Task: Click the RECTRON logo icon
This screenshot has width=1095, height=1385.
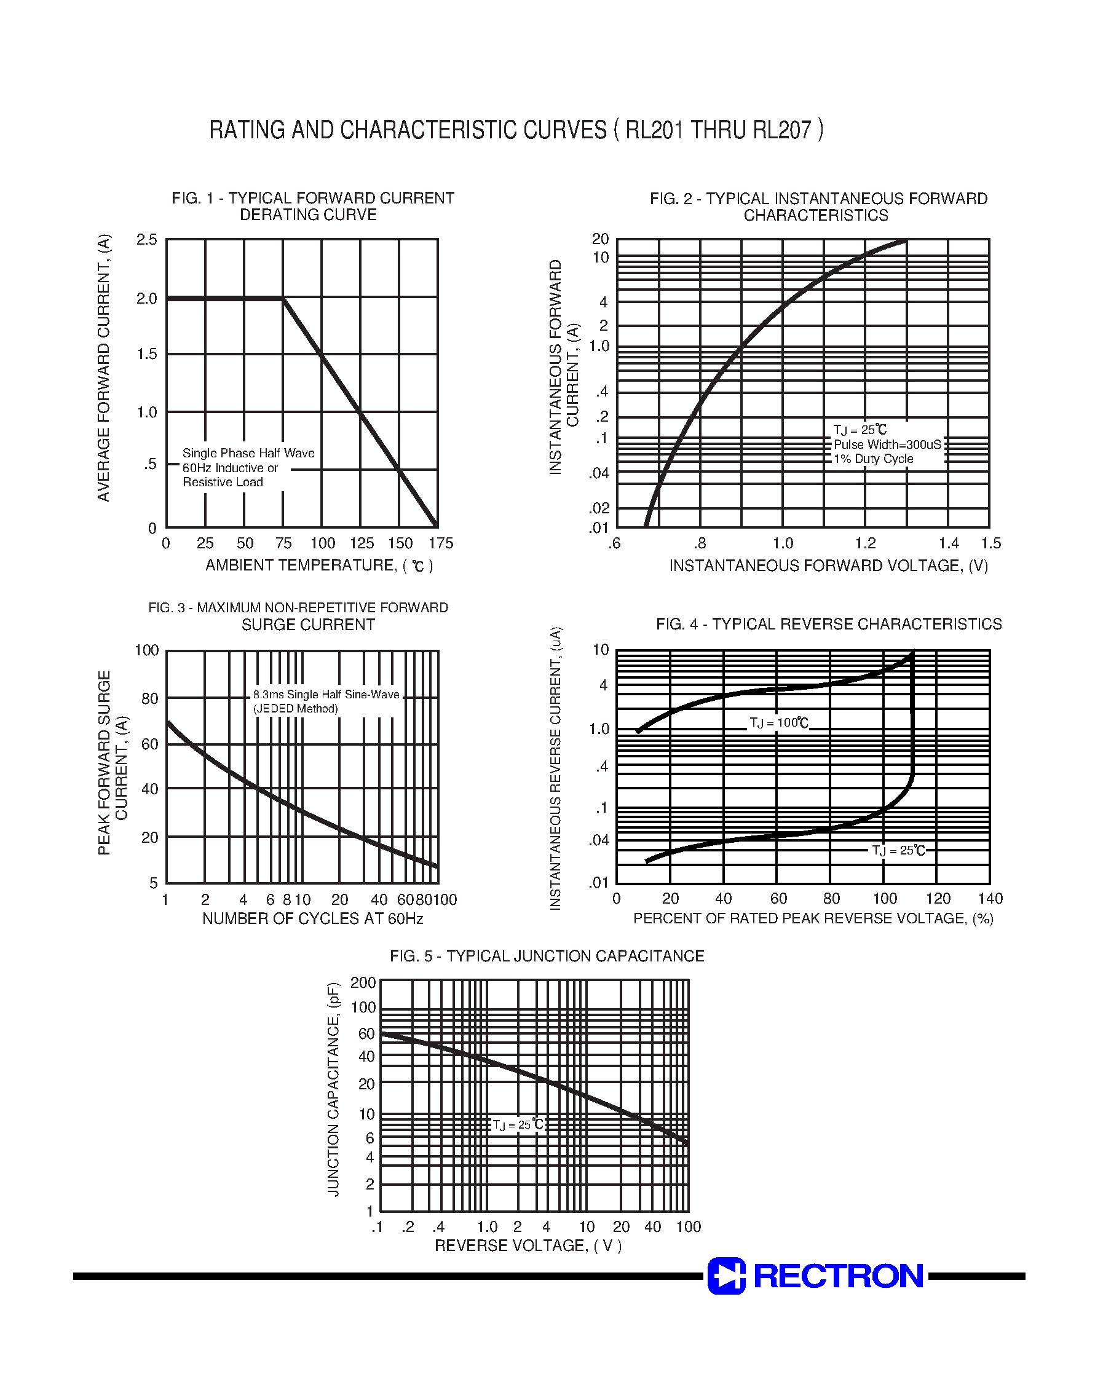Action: (726, 1276)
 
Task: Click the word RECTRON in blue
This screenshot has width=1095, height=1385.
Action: (838, 1276)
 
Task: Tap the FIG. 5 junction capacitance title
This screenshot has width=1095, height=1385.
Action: (547, 957)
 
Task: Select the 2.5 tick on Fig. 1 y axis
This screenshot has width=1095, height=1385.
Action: (147, 240)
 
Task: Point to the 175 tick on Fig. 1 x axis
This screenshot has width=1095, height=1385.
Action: (440, 543)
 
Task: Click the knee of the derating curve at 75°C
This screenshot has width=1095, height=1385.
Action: (283, 299)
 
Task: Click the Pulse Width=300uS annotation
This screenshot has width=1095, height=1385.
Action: (887, 444)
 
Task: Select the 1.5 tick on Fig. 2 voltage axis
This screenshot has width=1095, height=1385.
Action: (990, 543)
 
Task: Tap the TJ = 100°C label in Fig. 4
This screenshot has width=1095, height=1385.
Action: (778, 723)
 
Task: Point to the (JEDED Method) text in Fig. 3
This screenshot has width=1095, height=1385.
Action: (296, 708)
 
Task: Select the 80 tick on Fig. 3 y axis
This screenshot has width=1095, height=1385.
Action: (149, 698)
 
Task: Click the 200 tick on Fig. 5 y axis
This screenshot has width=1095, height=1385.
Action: (363, 982)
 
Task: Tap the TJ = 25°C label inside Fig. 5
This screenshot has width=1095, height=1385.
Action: (518, 1124)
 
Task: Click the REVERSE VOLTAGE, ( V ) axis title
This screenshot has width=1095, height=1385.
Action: (528, 1245)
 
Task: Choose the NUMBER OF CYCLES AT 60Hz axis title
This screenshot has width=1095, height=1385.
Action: (313, 918)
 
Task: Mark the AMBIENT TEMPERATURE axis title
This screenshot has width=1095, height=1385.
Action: (318, 566)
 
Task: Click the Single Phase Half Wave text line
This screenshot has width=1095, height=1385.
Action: (249, 453)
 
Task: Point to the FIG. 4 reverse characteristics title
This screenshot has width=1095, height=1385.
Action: (828, 624)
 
